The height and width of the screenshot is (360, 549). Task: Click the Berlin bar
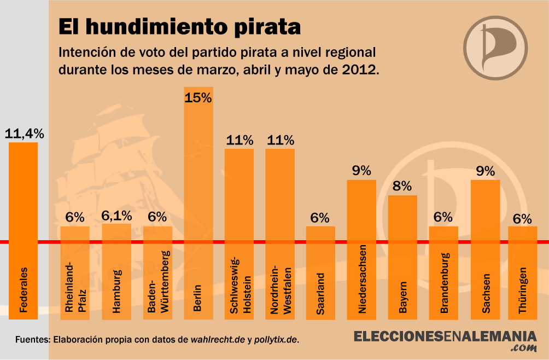coord(198,202)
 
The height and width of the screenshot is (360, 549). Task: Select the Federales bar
coord(23,230)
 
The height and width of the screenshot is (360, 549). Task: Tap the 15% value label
coord(198,98)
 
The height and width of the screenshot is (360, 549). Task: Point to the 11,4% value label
coord(24,133)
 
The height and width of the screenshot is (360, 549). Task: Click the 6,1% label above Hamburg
coord(116,216)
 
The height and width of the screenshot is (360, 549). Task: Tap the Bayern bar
coord(402,257)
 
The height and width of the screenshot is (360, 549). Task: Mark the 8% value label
coord(402,186)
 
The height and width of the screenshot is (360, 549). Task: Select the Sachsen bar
coord(485,249)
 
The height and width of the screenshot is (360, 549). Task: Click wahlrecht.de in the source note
coord(218,339)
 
